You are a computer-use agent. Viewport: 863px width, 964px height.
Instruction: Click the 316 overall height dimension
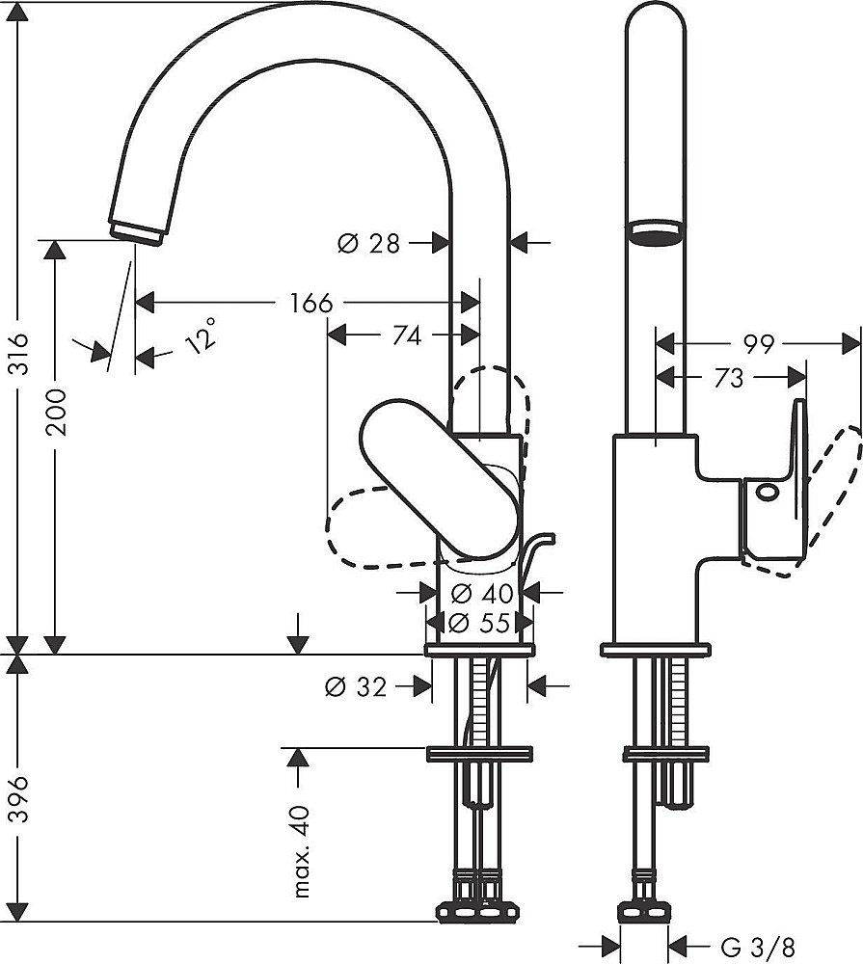coord(20,356)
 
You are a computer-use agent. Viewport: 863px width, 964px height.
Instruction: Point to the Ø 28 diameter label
coord(368,244)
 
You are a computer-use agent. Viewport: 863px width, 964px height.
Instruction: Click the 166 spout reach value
coord(310,304)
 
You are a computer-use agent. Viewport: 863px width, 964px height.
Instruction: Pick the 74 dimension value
coord(406,335)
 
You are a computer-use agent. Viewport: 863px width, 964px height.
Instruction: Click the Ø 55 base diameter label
coord(479,623)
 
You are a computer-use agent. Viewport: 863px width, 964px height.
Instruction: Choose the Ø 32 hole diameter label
coord(356,686)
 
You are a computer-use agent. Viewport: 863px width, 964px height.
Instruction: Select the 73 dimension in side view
coord(730,378)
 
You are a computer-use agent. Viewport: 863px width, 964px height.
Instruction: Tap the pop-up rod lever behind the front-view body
coord(537,554)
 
